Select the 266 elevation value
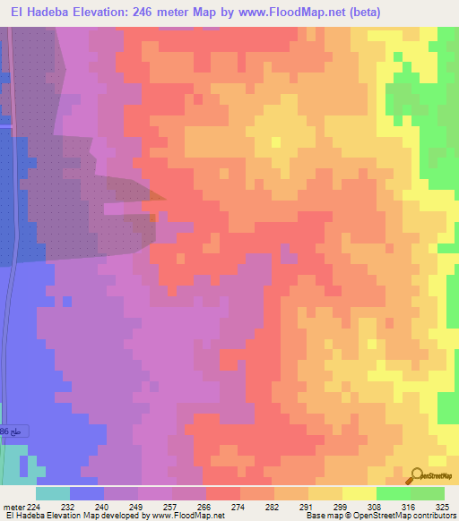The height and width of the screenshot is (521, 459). click(x=204, y=507)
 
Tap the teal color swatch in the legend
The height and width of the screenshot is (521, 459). click(x=53, y=493)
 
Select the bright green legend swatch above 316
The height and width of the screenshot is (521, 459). click(x=393, y=493)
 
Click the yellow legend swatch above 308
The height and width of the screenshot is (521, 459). click(x=359, y=493)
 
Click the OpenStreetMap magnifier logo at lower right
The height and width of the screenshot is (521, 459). click(x=418, y=476)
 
